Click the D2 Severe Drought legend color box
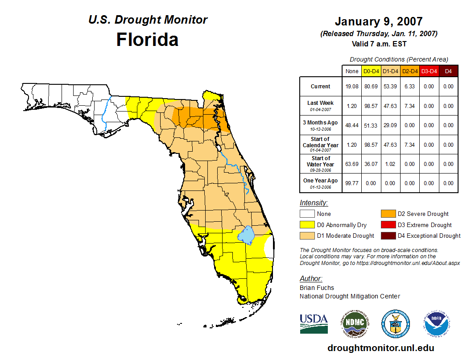pos(388,214)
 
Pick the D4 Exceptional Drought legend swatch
pos(388,236)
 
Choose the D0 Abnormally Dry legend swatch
pos(307,225)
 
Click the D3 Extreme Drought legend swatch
pos(388,225)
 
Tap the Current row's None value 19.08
pos(352,87)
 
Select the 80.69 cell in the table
pos(371,87)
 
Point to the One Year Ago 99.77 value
pos(352,183)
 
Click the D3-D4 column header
pos(429,71)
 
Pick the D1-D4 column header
pos(390,71)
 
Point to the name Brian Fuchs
pos(317,288)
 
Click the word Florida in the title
pos(147,40)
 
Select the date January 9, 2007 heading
pos(379,21)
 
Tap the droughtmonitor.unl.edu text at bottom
pos(380,348)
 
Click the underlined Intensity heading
pos(314,203)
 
